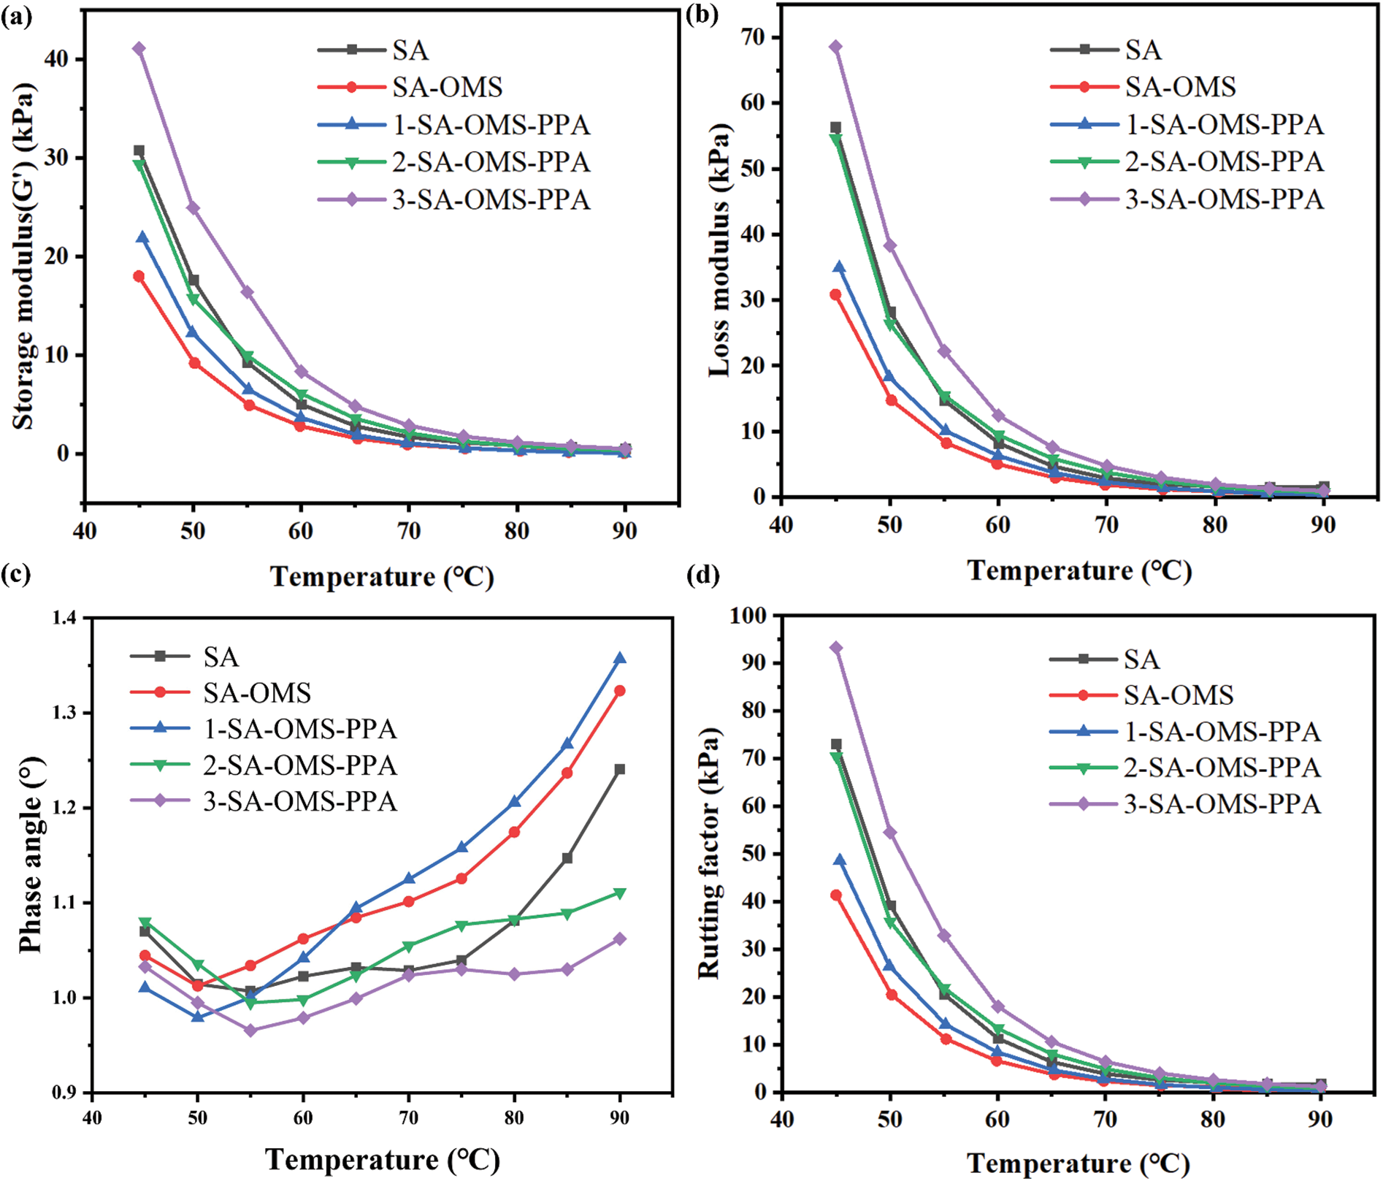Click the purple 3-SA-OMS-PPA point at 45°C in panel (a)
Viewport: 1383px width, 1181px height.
[x=139, y=48]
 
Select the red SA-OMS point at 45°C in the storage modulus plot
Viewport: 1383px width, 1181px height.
[x=139, y=276]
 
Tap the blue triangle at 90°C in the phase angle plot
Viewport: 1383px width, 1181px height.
[x=620, y=658]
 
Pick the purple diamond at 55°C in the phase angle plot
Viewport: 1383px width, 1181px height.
[x=250, y=1031]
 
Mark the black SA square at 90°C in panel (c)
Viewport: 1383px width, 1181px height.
[x=620, y=769]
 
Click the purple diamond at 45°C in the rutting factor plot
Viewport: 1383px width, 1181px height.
[x=836, y=648]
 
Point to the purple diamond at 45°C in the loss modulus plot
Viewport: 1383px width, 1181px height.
[x=836, y=47]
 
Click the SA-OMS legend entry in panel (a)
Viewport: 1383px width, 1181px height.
[x=447, y=88]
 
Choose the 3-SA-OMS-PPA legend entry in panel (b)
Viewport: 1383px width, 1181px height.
[x=1224, y=199]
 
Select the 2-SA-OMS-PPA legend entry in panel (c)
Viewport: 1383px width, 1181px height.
[x=299, y=765]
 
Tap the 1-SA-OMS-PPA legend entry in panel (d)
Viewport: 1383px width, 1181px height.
[x=1222, y=732]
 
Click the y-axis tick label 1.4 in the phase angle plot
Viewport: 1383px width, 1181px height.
[x=64, y=619]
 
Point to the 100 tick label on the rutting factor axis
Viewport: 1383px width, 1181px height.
[x=748, y=616]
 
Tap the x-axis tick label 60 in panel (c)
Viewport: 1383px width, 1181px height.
[x=302, y=1118]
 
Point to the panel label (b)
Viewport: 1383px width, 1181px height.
[x=702, y=15]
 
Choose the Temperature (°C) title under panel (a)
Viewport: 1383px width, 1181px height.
[x=383, y=577]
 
